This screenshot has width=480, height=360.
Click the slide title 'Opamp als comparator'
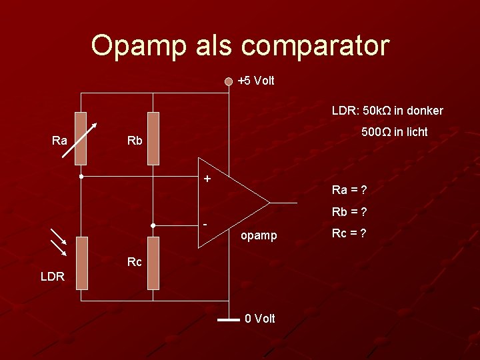(240, 46)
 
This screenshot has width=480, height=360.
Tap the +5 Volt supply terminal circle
(229, 81)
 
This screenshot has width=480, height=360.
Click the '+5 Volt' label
(256, 81)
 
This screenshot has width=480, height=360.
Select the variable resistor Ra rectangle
(81, 138)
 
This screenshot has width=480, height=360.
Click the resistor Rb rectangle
(153, 138)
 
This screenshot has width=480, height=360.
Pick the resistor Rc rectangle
(153, 263)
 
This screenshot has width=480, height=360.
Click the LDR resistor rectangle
(81, 263)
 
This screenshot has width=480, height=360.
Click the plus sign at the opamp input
(207, 179)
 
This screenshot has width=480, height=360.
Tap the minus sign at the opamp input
(207, 224)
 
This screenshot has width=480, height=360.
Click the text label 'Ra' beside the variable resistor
(59, 140)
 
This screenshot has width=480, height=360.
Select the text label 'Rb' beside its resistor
(135, 141)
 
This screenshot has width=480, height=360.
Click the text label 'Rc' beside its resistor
(135, 262)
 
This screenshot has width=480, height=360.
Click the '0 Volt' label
(260, 319)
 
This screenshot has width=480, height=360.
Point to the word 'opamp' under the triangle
(259, 235)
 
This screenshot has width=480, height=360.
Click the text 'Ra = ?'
(349, 190)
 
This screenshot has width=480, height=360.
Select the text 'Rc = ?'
(349, 233)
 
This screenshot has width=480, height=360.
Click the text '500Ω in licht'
(395, 132)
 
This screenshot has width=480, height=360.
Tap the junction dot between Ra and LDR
(81, 177)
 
